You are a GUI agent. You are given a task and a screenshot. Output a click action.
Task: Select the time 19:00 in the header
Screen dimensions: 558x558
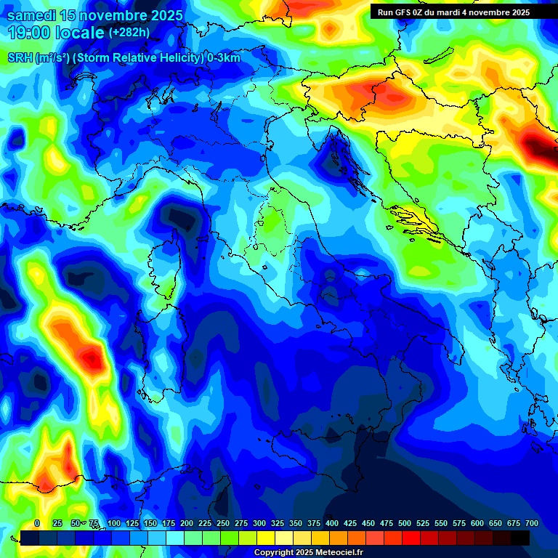(x=28, y=33)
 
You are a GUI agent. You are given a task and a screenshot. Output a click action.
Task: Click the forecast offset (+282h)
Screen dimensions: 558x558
(x=129, y=33)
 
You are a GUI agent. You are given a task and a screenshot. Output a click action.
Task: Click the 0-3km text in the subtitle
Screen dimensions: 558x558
(x=224, y=58)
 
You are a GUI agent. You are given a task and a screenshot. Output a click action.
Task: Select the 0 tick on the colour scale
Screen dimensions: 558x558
(x=37, y=523)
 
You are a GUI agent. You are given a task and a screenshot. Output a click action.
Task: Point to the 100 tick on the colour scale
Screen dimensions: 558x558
(x=113, y=523)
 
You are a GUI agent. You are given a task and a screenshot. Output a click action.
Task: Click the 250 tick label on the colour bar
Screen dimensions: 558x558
(x=222, y=523)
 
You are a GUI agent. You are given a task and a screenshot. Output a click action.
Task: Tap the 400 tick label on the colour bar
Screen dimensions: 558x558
(x=331, y=523)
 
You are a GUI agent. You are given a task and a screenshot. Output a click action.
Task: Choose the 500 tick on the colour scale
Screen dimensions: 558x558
(x=404, y=523)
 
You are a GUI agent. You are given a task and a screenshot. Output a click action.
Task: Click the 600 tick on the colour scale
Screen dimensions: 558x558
(x=477, y=523)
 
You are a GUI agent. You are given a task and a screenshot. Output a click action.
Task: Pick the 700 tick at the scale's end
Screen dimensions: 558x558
(x=531, y=523)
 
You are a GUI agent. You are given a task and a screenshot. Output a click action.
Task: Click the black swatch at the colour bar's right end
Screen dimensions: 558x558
(x=520, y=538)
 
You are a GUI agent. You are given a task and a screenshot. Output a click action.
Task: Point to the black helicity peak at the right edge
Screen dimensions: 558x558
(x=541, y=149)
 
